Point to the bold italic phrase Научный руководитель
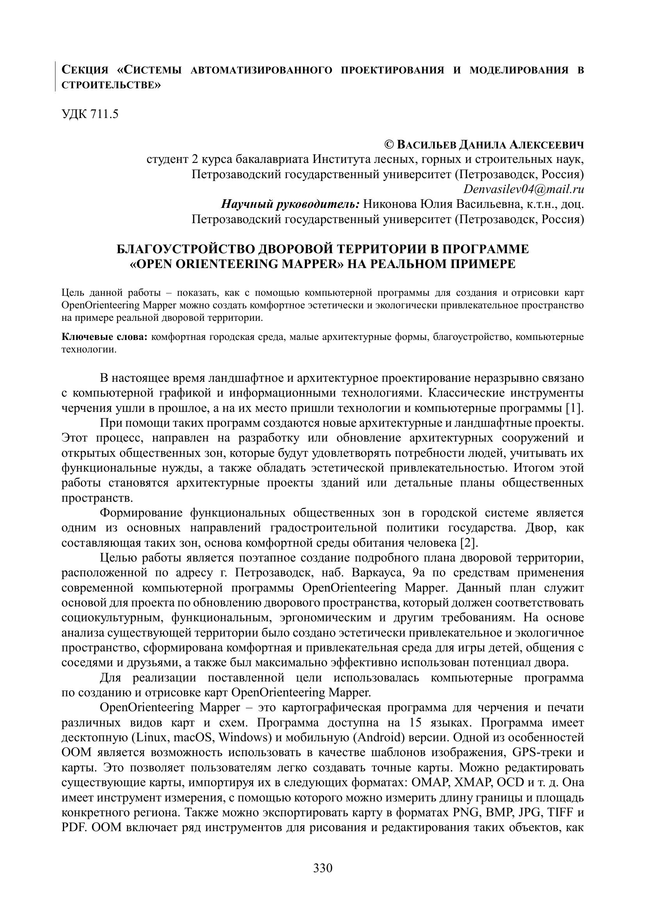click(x=290, y=205)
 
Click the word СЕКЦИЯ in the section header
click(x=85, y=70)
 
